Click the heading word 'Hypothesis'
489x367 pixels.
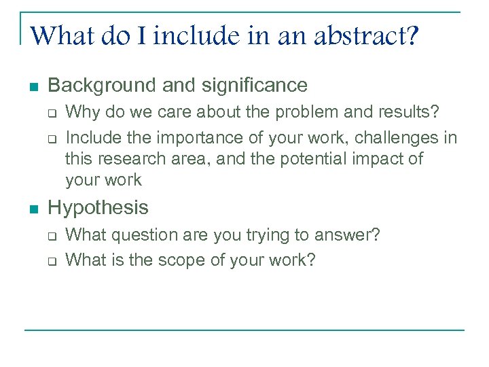pos(98,207)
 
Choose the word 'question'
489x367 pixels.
pos(143,235)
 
